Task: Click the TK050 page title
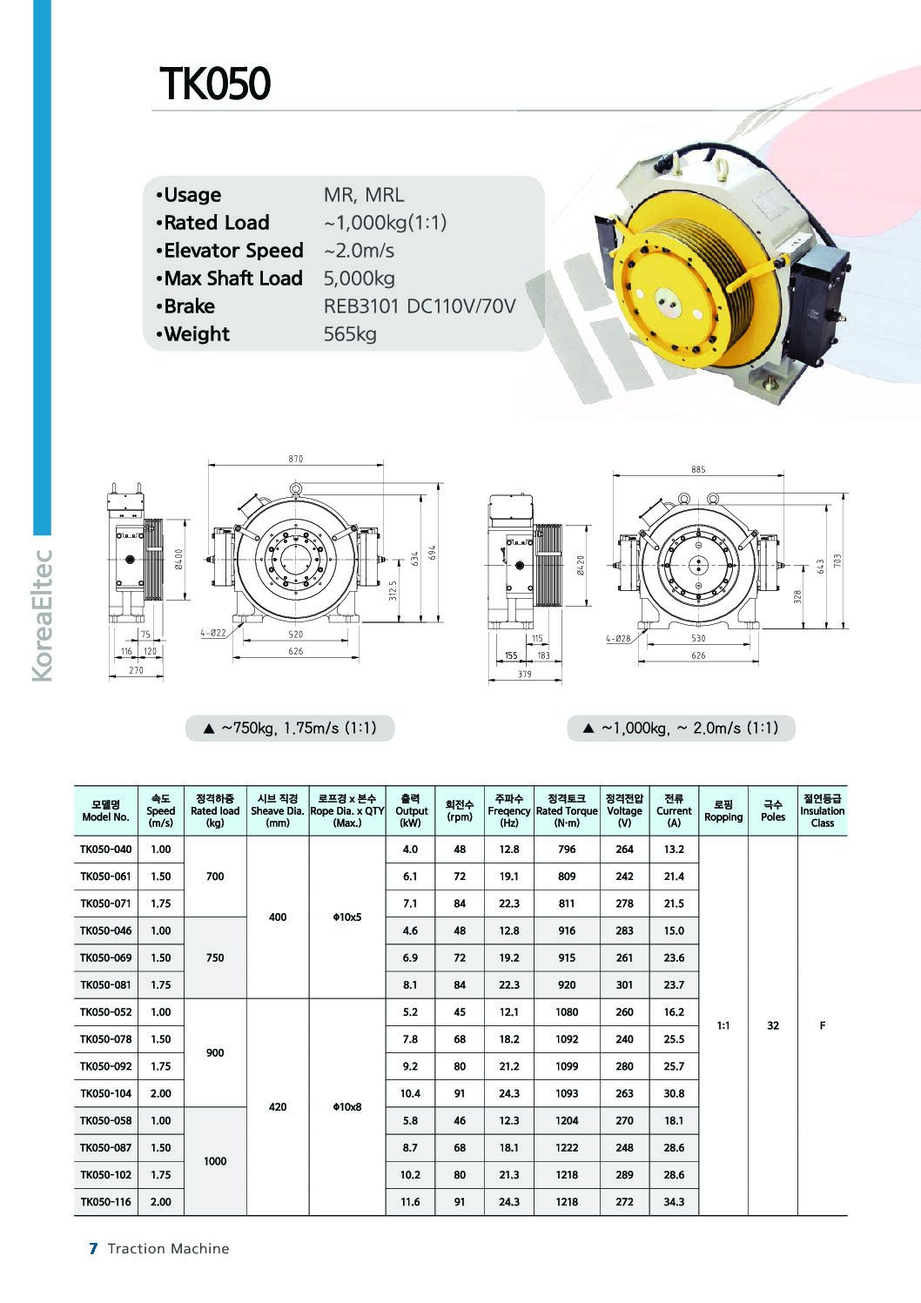pos(215,83)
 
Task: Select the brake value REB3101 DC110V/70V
pos(420,306)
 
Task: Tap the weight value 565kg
pos(350,334)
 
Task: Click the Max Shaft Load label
pos(232,278)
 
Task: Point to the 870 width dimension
pos(296,459)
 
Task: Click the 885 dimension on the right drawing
pos(698,469)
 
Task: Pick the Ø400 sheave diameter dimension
pos(179,559)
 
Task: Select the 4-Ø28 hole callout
pos(618,638)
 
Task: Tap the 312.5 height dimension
pos(393,590)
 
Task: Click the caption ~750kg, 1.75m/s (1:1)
pos(290,728)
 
